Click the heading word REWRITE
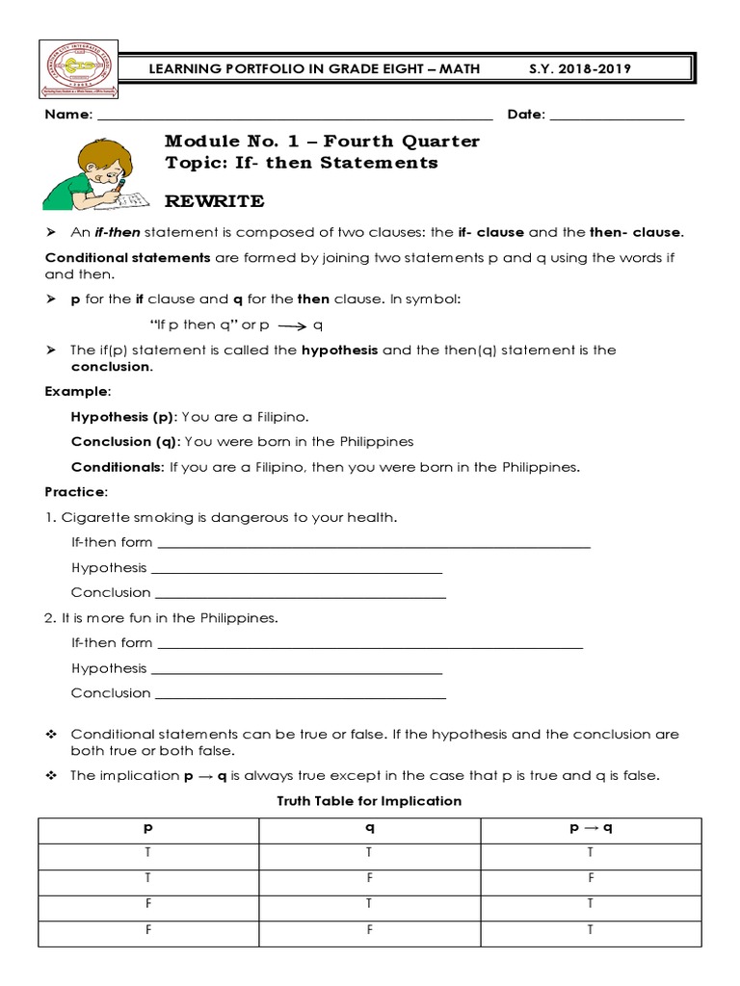coord(214,201)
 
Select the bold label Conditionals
coord(118,467)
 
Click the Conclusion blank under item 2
coord(300,695)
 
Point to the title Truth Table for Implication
coord(369,801)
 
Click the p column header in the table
coord(147,828)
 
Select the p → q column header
coord(590,828)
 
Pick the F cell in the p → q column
coord(590,878)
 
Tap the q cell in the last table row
coord(369,930)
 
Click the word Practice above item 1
coord(75,492)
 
